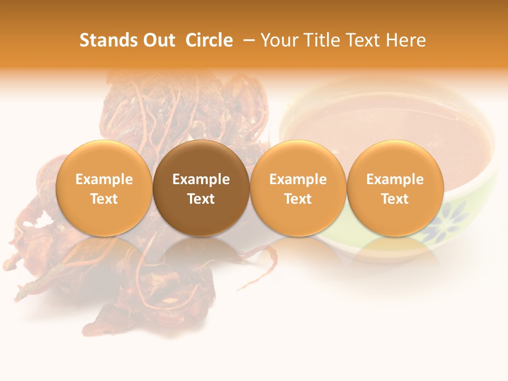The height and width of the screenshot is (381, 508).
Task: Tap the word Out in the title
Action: click(x=157, y=40)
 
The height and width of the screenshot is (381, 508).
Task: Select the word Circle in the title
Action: click(x=209, y=40)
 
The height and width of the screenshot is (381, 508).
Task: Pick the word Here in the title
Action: click(x=406, y=40)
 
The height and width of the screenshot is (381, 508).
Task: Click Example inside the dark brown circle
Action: click(x=201, y=179)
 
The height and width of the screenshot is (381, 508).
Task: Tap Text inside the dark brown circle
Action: click(x=201, y=199)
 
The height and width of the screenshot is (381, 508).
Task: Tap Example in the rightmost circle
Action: click(x=395, y=179)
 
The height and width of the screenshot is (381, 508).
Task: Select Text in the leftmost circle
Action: click(x=104, y=199)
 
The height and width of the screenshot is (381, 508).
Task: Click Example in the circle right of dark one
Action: click(x=298, y=179)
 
